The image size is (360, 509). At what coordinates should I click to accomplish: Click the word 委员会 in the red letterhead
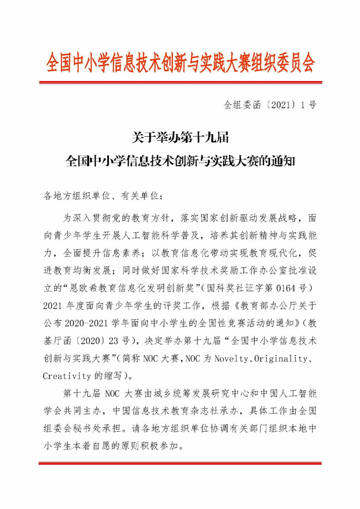(293, 63)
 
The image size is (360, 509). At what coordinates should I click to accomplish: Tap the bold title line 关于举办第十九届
(179, 137)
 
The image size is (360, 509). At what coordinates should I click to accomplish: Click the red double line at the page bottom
(179, 464)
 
